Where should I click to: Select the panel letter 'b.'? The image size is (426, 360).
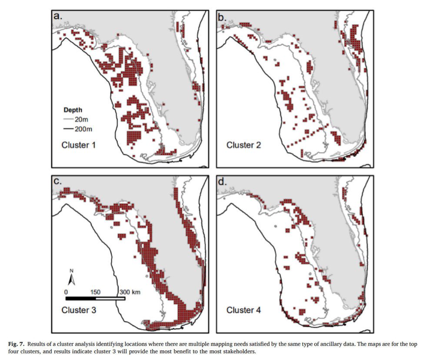222,17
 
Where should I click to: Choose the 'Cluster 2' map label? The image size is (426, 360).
243,145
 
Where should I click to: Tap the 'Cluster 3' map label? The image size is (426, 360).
78,310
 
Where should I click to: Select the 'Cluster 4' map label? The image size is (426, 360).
243,310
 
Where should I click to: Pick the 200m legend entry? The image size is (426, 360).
80,129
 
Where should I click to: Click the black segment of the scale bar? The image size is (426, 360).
80,298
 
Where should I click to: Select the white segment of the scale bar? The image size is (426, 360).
110,298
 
